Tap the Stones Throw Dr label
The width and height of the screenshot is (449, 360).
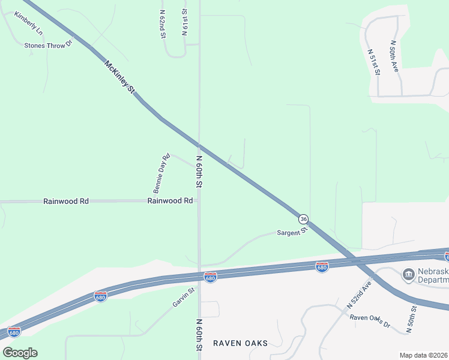click(48, 44)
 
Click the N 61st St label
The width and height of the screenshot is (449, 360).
click(184, 22)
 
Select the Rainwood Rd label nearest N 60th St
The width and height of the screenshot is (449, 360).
click(170, 201)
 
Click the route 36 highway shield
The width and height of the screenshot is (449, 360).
click(304, 218)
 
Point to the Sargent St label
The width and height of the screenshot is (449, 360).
click(292, 232)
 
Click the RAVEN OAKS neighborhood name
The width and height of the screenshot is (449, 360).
click(240, 343)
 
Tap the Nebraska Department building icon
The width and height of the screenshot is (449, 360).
click(409, 275)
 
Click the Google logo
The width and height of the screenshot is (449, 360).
click(20, 353)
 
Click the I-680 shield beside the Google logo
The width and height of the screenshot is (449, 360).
click(14, 331)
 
